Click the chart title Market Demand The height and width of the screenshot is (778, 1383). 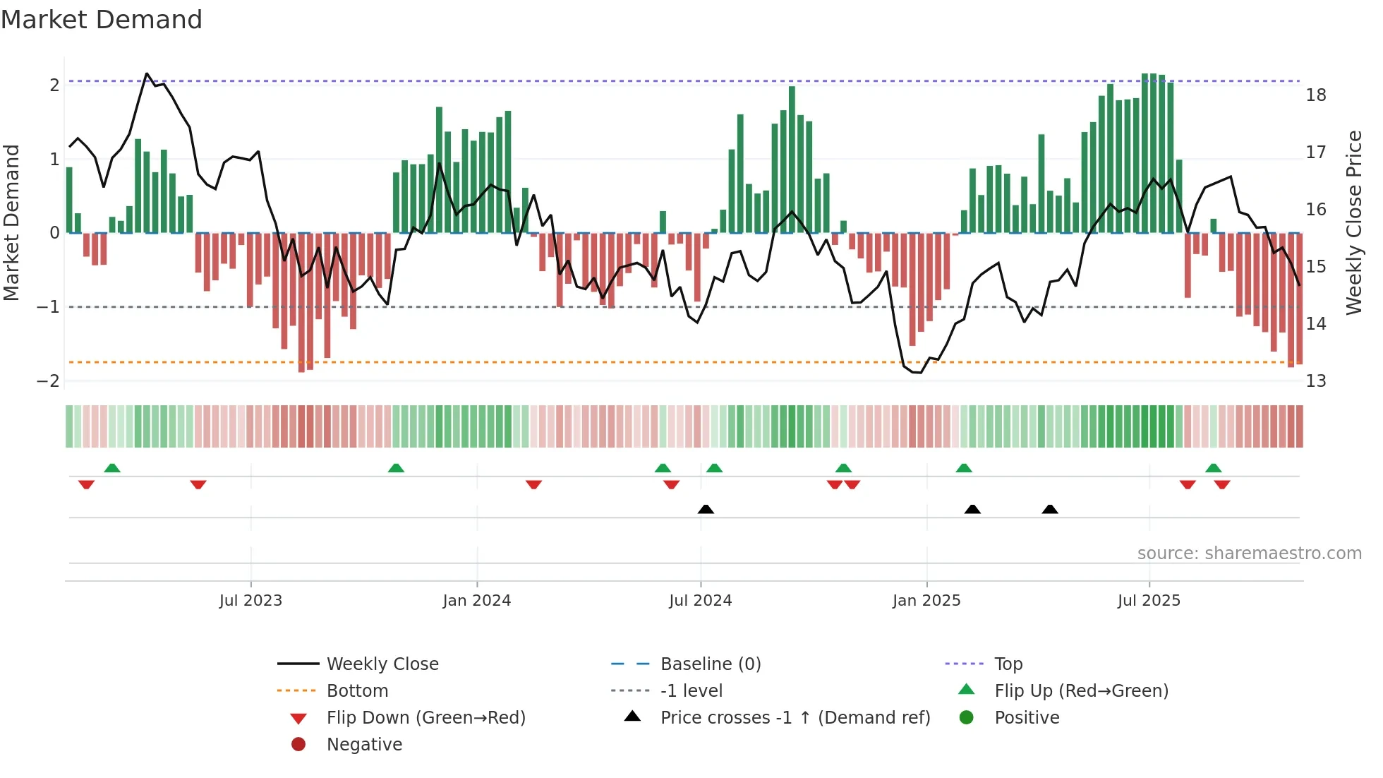point(102,20)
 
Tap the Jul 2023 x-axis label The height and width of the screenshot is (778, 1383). point(250,601)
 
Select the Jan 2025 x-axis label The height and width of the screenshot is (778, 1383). point(926,601)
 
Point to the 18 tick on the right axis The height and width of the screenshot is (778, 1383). point(1316,95)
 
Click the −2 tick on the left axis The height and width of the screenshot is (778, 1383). point(49,381)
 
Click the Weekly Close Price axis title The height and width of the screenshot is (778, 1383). point(1353,222)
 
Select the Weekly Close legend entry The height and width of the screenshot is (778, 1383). point(382,664)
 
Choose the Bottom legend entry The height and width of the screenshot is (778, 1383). point(357,691)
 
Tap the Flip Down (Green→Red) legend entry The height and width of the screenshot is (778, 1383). point(425,718)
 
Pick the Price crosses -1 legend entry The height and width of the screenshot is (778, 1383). point(795,718)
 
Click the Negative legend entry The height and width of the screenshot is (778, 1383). point(364,745)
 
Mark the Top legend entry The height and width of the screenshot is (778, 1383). point(1008,664)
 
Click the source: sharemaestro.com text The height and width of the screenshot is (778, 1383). point(1249,553)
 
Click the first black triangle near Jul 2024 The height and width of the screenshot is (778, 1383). point(706,509)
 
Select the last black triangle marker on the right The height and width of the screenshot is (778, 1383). point(1050,509)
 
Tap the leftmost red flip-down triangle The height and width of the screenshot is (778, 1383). point(86,484)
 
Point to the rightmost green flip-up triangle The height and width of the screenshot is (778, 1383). point(1213,468)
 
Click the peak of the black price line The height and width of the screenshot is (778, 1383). point(147,73)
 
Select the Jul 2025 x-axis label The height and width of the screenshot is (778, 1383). point(1149,601)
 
